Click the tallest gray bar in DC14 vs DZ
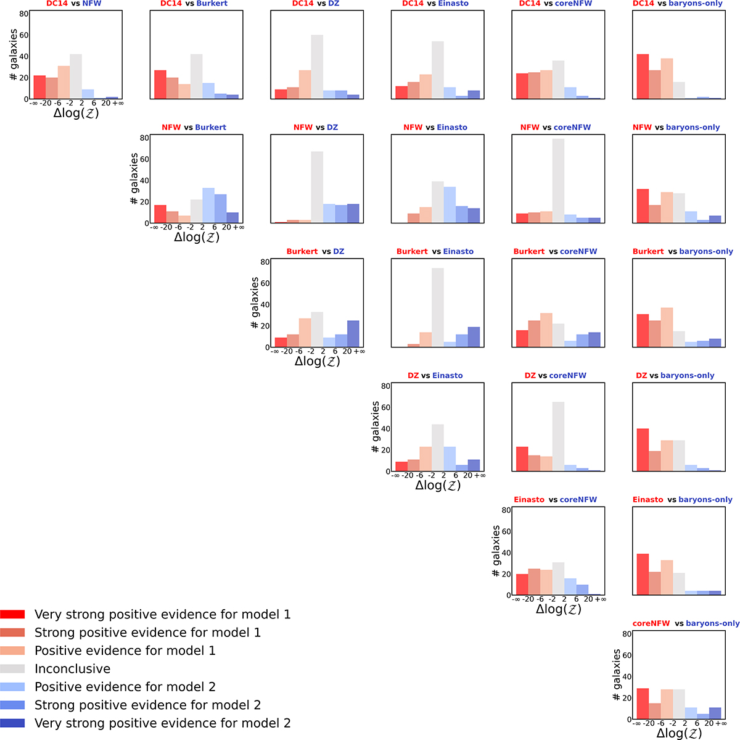(x=317, y=67)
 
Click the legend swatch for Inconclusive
(x=12, y=669)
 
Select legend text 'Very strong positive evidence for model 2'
(x=162, y=723)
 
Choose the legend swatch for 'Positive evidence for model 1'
(x=12, y=651)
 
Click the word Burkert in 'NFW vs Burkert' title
(x=210, y=127)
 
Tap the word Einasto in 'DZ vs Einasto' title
(x=448, y=375)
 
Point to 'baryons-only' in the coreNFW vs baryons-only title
(x=712, y=623)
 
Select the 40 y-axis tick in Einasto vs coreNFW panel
(x=506, y=553)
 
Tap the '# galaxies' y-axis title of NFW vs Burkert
(x=134, y=179)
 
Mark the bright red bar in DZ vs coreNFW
(x=522, y=459)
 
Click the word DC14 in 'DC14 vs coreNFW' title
(x=528, y=3)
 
